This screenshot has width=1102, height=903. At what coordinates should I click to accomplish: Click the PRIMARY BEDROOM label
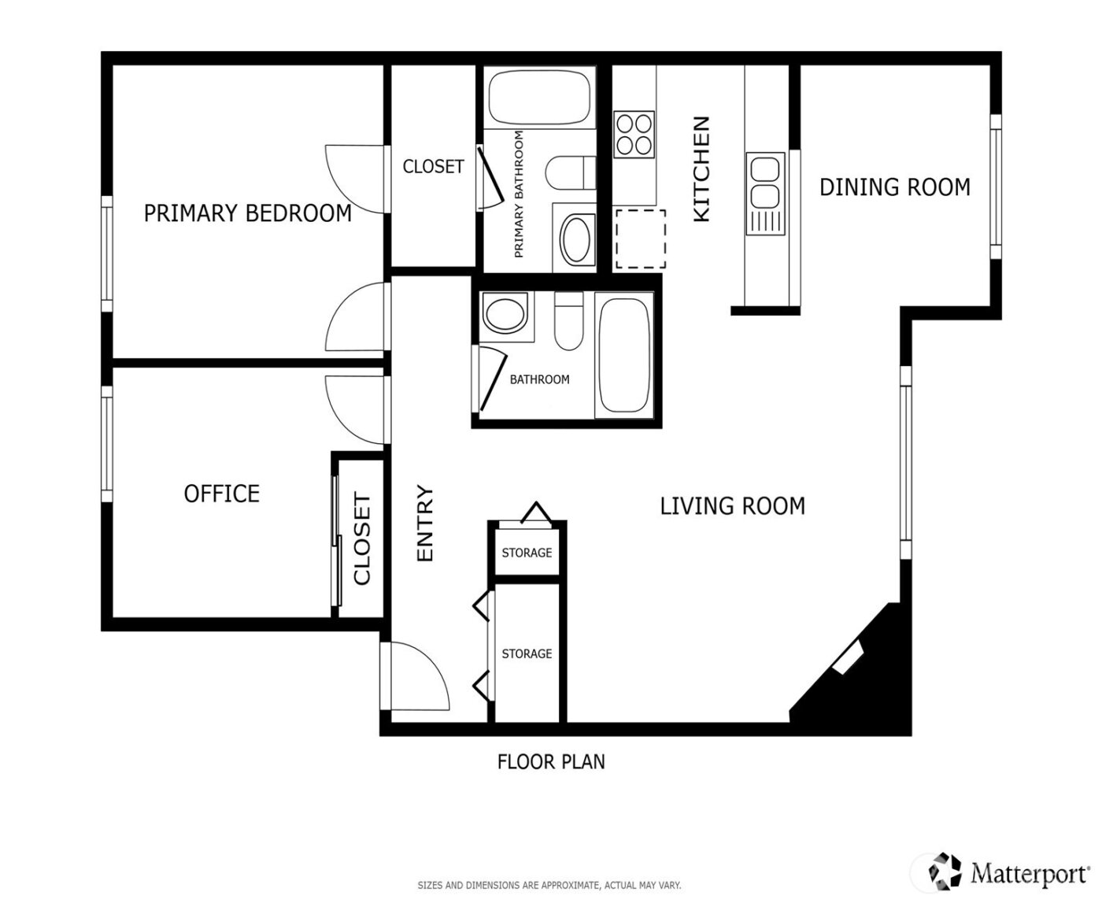click(247, 213)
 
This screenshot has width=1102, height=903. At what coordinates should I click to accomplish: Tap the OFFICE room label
click(221, 494)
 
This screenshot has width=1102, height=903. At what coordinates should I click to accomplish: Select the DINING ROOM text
click(895, 187)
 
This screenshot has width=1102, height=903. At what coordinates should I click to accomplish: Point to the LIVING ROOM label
click(732, 505)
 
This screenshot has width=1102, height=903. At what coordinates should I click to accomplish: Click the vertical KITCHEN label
click(701, 169)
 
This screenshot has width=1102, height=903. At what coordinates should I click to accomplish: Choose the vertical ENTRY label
click(425, 524)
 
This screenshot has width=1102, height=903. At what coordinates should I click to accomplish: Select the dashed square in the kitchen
click(640, 239)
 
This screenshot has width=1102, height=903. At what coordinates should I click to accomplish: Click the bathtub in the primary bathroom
click(539, 98)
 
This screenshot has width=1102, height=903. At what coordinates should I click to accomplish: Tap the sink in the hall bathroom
click(505, 314)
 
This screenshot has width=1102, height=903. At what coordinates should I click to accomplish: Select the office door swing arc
click(354, 410)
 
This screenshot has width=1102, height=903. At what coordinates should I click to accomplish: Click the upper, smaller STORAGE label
click(527, 553)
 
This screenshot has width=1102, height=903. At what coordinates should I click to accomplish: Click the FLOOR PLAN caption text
click(551, 762)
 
